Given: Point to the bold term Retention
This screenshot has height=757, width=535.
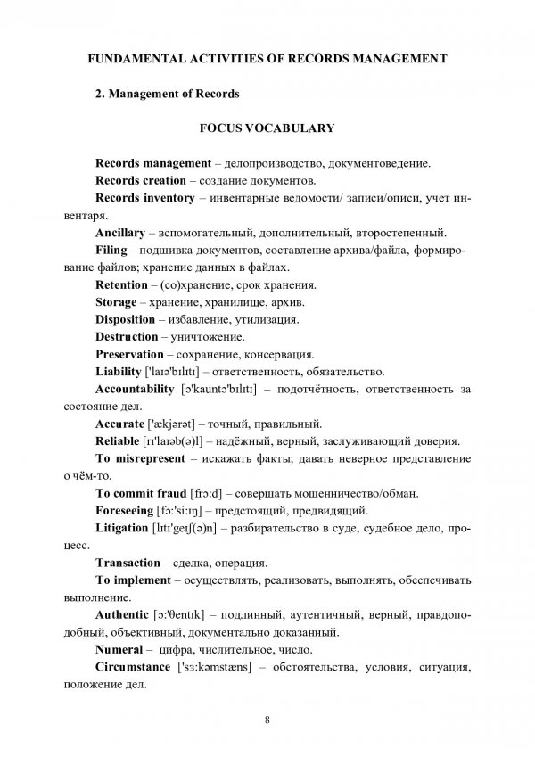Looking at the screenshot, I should click(121, 284).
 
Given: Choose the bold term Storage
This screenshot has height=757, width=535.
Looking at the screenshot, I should click(116, 301).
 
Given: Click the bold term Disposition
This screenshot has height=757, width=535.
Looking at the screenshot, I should click(126, 318).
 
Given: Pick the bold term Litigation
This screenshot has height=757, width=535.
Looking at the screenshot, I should click(124, 528).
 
